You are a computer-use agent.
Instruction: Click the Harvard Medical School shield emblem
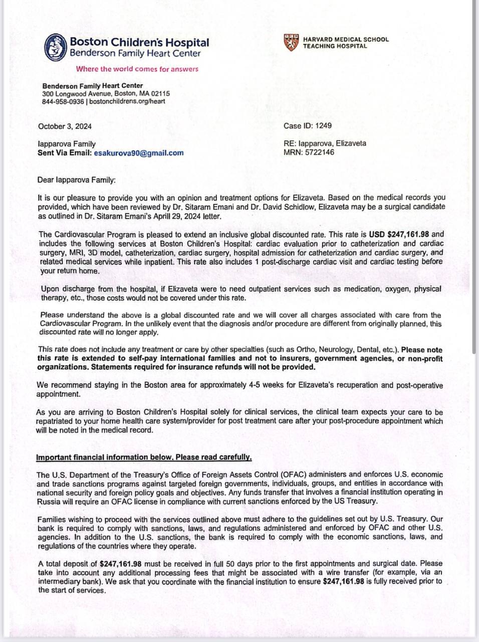292,43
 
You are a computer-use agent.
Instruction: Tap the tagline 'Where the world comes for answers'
137,69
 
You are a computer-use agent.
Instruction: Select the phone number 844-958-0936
63,101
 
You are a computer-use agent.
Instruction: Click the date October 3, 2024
65,126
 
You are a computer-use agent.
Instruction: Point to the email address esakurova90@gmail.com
139,153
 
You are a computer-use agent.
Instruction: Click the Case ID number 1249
323,125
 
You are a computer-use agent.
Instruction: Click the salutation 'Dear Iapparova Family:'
77,180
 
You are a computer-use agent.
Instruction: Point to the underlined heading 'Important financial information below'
144,457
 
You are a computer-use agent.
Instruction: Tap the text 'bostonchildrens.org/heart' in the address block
127,101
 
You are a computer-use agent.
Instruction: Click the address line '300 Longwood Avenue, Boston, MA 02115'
106,94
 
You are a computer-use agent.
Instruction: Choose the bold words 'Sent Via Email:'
65,153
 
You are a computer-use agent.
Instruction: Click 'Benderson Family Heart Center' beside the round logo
135,54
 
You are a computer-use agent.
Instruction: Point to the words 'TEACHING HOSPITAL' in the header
335,46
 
